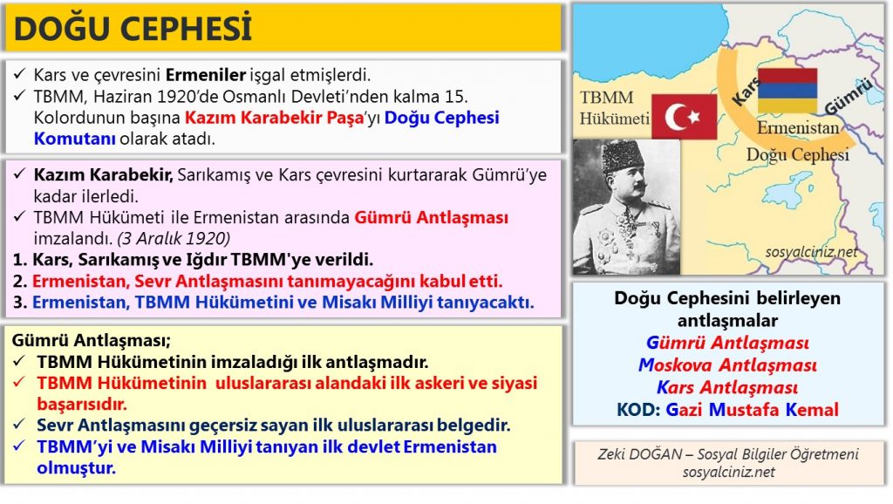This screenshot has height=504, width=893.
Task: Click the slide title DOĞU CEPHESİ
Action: [x=133, y=29]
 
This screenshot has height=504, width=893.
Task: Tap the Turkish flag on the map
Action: [x=684, y=117]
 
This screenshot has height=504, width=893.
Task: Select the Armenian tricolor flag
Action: [x=787, y=90]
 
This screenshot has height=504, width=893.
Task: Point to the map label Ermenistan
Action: [x=797, y=127]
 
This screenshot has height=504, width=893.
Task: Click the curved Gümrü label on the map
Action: [x=848, y=96]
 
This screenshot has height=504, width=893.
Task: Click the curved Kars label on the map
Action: [x=746, y=91]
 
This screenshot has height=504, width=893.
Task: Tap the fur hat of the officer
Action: [x=622, y=156]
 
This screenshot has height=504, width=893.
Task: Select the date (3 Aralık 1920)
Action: [x=174, y=238]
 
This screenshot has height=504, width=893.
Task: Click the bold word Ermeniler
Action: [x=206, y=75]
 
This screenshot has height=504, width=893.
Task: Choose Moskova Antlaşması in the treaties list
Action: [x=727, y=364]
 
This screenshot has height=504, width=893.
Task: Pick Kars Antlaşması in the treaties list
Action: [x=727, y=387]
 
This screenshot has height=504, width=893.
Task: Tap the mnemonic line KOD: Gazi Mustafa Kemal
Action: [x=727, y=410]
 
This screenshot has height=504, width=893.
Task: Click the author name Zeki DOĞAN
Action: [x=639, y=454]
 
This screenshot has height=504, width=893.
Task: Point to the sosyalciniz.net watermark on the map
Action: [x=811, y=252]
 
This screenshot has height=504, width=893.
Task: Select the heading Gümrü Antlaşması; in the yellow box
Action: [x=91, y=341]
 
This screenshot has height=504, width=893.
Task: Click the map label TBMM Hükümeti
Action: [x=614, y=107]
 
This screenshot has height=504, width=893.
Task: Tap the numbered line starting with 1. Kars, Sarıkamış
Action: [x=193, y=260]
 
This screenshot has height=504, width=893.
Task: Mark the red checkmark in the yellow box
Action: [x=19, y=382]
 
